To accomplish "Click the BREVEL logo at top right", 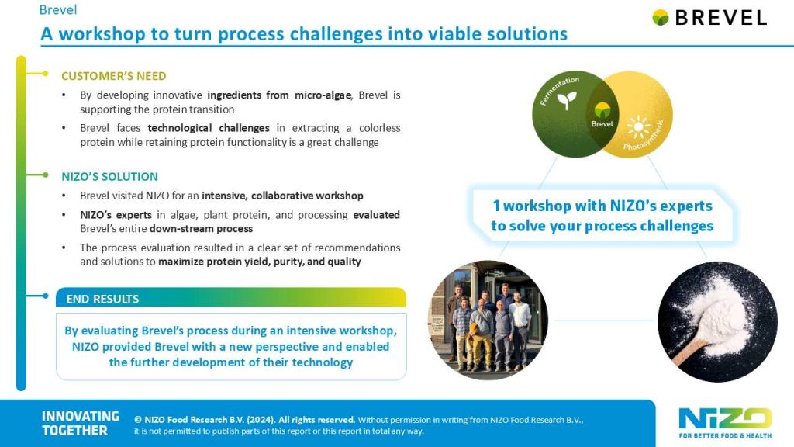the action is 709,18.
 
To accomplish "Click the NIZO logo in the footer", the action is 725,418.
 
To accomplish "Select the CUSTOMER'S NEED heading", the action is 113,76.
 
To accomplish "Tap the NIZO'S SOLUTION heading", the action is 109,176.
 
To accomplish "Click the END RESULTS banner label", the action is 102,299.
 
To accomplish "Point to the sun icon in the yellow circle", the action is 638,126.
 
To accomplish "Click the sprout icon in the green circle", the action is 567,100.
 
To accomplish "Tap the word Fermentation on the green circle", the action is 559,90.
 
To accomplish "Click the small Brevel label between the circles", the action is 602,123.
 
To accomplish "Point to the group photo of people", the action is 488,321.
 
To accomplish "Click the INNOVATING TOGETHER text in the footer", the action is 80,423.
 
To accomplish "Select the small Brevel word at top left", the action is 58,9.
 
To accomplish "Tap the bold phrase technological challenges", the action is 209,128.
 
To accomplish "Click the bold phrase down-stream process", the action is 201,229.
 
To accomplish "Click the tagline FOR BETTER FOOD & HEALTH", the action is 725,435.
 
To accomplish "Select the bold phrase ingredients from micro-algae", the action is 279,95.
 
